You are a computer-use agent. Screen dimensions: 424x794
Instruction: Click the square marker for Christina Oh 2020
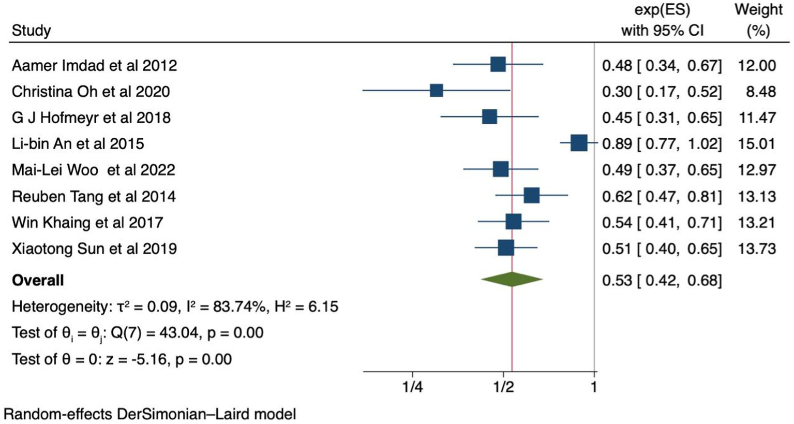pyautogui.click(x=436, y=91)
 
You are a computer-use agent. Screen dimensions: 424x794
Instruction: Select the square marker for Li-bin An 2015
pyautogui.click(x=579, y=143)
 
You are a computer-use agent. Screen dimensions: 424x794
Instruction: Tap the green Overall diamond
pyautogui.click(x=512, y=280)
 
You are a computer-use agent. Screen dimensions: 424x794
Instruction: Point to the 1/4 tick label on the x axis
pyautogui.click(x=412, y=387)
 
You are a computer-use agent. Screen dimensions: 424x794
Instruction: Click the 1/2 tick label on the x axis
pyautogui.click(x=503, y=387)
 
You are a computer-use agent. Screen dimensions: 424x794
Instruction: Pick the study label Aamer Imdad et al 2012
pyautogui.click(x=94, y=66)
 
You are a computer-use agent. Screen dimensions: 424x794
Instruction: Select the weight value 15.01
pyautogui.click(x=757, y=143)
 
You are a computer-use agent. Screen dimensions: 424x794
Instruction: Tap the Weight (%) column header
pyautogui.click(x=758, y=20)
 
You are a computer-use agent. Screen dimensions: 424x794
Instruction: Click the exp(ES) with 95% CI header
pyautogui.click(x=662, y=20)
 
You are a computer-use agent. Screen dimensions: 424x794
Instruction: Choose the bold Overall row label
pyautogui.click(x=38, y=280)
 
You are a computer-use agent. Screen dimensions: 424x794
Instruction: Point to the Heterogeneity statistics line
pyautogui.click(x=175, y=306)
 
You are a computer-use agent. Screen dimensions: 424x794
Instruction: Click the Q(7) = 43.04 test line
pyautogui.click(x=138, y=333)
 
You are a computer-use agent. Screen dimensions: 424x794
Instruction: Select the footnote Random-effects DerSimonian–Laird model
pyautogui.click(x=150, y=414)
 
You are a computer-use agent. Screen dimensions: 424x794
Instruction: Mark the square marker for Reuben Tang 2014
pyautogui.click(x=531, y=196)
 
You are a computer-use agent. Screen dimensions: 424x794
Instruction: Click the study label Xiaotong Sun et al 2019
pyautogui.click(x=94, y=249)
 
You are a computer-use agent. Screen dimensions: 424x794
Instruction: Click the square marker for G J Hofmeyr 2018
pyautogui.click(x=489, y=117)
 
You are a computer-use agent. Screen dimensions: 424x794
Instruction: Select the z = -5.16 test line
pyautogui.click(x=122, y=359)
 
